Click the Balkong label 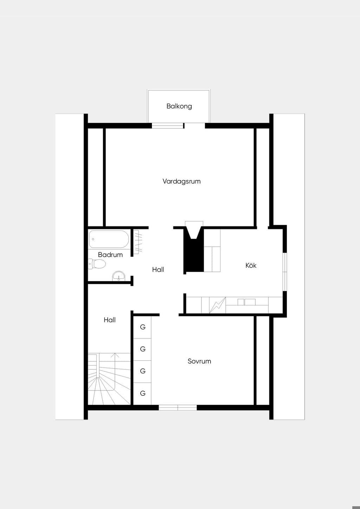click(x=179, y=107)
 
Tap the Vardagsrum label click(x=182, y=181)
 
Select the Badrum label click(x=110, y=255)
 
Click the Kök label click(x=251, y=265)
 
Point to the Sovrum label click(x=199, y=361)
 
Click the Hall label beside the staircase click(x=110, y=320)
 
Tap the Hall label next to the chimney click(x=158, y=270)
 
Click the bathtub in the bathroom click(x=109, y=239)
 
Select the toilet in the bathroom click(x=97, y=264)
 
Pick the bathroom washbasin click(x=118, y=276)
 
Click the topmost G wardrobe click(x=142, y=327)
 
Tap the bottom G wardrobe click(x=142, y=393)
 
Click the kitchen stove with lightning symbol click(x=218, y=305)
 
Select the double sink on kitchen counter click(x=246, y=302)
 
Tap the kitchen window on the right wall click(x=285, y=271)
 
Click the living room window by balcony click(x=168, y=125)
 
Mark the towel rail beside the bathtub click(x=137, y=242)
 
